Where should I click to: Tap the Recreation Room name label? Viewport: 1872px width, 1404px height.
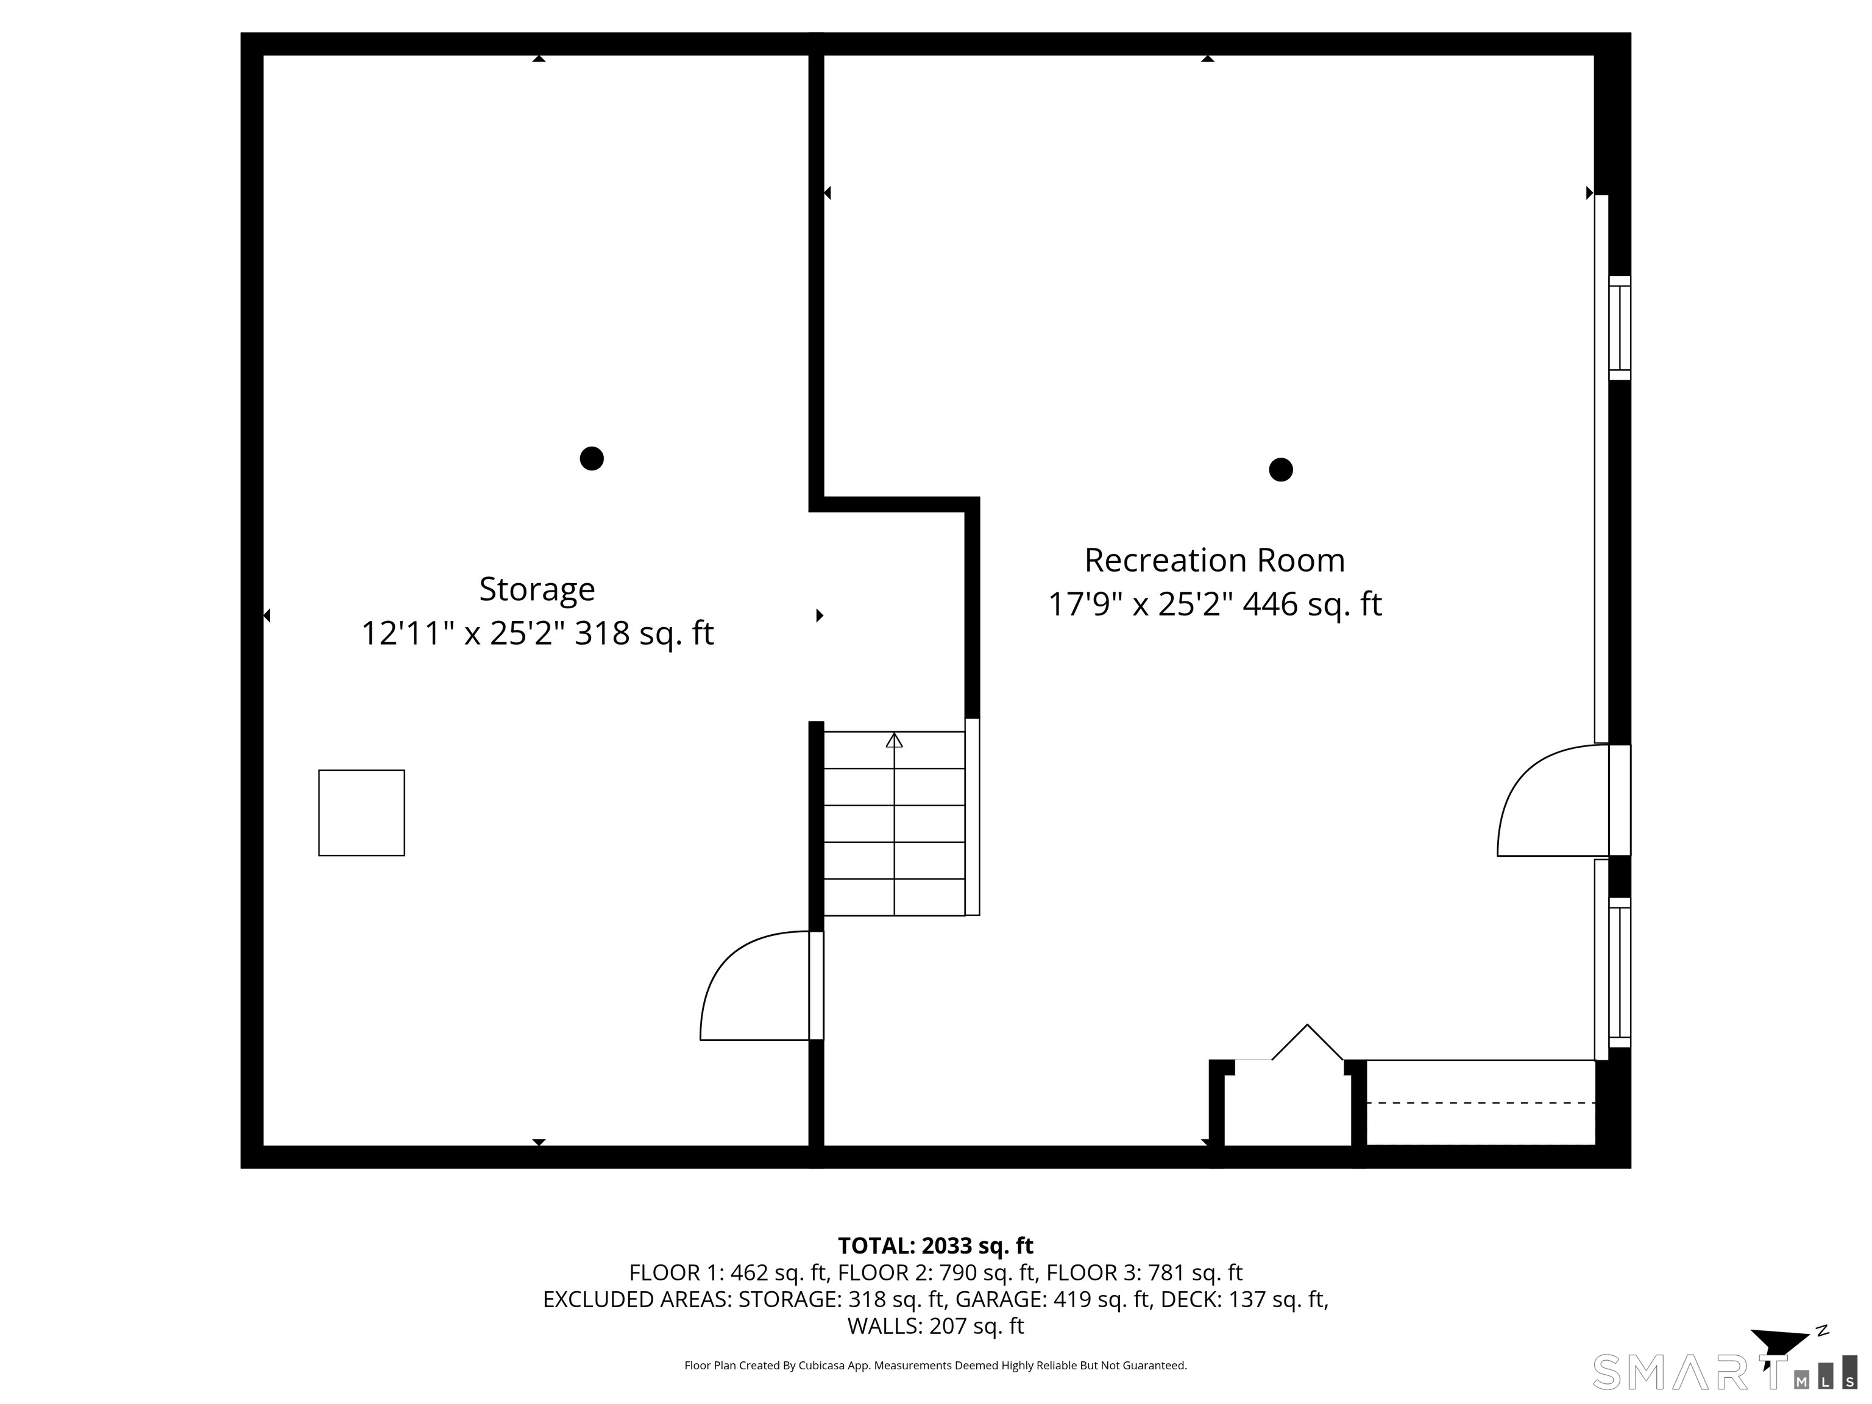pyautogui.click(x=1214, y=560)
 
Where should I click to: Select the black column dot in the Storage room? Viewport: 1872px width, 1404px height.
pyautogui.click(x=592, y=459)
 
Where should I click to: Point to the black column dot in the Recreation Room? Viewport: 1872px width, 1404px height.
pyautogui.click(x=1280, y=470)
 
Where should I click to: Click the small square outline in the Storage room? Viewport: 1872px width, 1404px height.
pyautogui.click(x=361, y=812)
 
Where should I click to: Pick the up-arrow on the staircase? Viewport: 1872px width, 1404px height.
pyautogui.click(x=894, y=740)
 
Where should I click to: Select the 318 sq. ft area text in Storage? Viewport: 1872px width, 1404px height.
pyautogui.click(x=644, y=633)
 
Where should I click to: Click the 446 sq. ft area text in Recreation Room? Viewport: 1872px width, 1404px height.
pyautogui.click(x=1312, y=604)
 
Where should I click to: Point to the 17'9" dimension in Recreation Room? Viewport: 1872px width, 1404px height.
pyautogui.click(x=1085, y=604)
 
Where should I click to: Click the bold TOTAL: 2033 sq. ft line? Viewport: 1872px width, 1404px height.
pyautogui.click(x=935, y=1246)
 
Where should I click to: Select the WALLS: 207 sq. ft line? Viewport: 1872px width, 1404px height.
pyautogui.click(x=935, y=1325)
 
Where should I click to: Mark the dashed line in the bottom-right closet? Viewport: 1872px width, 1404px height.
pyautogui.click(x=1481, y=1103)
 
